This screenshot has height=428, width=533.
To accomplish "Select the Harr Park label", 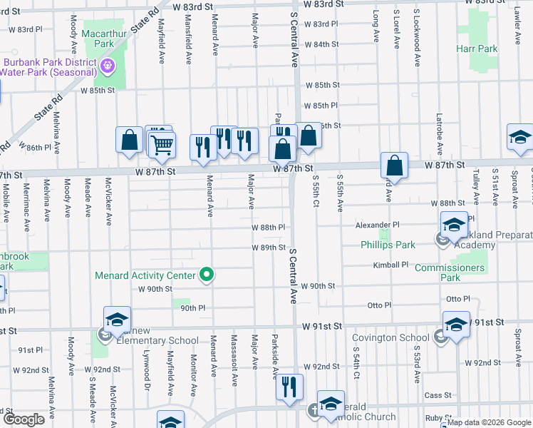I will pyautogui.click(x=477, y=49).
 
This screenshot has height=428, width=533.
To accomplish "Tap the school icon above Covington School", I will pyautogui.click(x=455, y=324).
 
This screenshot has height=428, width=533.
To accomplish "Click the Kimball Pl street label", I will pyautogui.click(x=390, y=265).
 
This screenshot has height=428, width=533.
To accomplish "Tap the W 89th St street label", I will pyautogui.click(x=268, y=248).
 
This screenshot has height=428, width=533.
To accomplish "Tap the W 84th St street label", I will pyautogui.click(x=321, y=44).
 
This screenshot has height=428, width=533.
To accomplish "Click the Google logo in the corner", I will pyautogui.click(x=24, y=419).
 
